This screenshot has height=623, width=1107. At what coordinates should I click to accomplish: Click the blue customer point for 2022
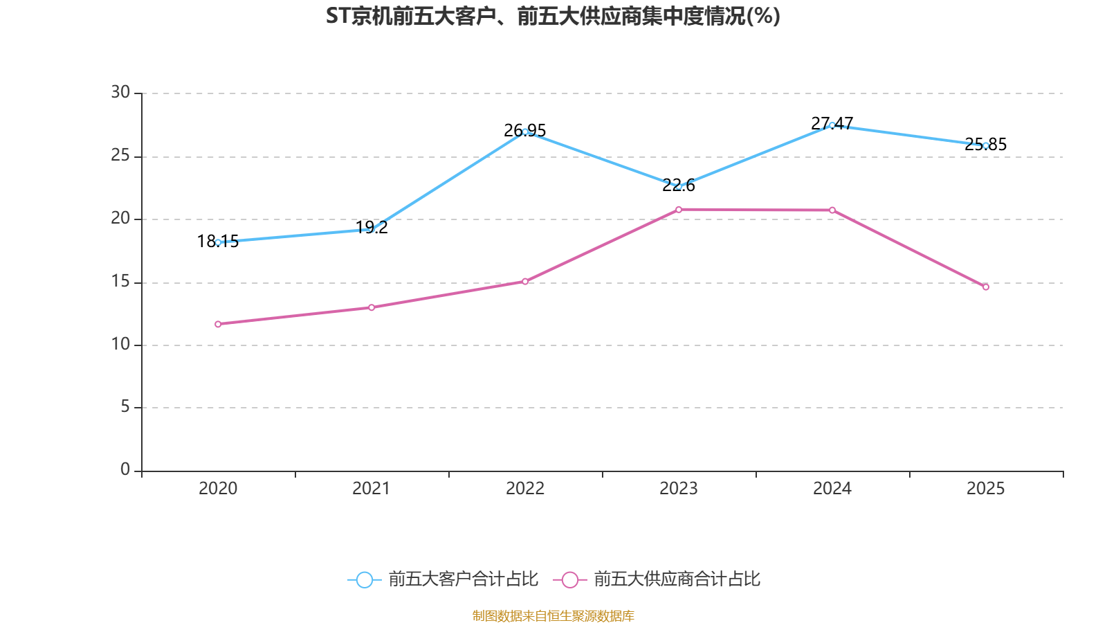click(x=525, y=132)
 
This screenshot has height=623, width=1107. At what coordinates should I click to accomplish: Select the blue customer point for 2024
click(x=832, y=125)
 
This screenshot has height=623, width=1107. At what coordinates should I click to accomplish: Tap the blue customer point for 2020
click(x=218, y=242)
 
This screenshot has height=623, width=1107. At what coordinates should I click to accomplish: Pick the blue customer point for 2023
click(x=679, y=186)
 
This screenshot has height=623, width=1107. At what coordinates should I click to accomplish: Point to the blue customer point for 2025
click(x=985, y=145)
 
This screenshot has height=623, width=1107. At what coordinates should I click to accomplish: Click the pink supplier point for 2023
click(x=679, y=209)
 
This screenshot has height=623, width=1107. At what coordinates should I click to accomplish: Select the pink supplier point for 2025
click(x=985, y=287)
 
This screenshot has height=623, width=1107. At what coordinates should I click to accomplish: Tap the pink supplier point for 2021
click(x=372, y=307)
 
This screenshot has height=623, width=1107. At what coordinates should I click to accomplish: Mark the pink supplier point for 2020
click(x=218, y=324)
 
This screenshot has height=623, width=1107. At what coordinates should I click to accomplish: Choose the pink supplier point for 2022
click(x=525, y=281)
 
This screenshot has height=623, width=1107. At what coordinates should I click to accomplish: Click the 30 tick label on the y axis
click(x=120, y=92)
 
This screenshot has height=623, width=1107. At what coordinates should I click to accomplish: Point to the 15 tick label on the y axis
click(x=120, y=281)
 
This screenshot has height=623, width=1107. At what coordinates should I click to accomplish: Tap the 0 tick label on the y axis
click(x=125, y=469)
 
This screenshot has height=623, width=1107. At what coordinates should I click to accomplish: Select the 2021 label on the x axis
click(x=372, y=489)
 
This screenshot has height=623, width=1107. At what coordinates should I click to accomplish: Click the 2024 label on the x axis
click(x=832, y=489)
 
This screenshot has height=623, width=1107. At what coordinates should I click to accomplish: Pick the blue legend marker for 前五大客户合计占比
click(x=364, y=579)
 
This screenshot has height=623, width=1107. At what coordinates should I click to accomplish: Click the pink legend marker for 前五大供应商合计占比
click(x=569, y=579)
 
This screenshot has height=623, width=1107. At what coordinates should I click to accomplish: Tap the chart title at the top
click(x=553, y=16)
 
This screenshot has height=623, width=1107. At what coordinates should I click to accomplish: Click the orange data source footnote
click(x=553, y=615)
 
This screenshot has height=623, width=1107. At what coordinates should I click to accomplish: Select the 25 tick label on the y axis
click(x=120, y=155)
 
